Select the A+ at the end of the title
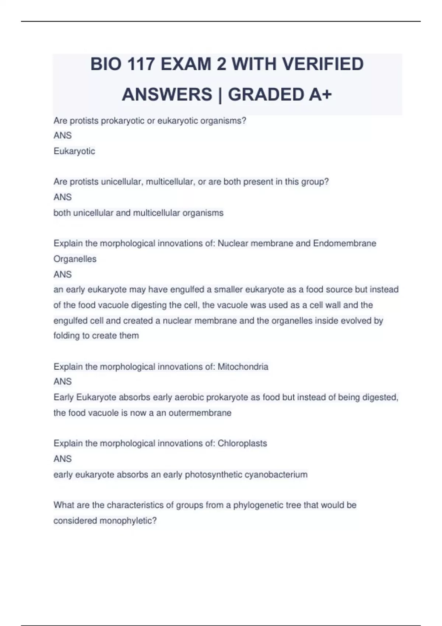point(320,94)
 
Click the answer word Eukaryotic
point(74,151)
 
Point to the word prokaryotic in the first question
point(123,121)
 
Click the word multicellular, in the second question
point(171,182)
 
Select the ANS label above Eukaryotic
point(63,136)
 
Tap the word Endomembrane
point(344,243)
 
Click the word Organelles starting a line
point(75,259)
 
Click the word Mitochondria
point(243,367)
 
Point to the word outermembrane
point(200,413)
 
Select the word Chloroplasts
point(242,443)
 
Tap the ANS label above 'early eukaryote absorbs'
point(63,459)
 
